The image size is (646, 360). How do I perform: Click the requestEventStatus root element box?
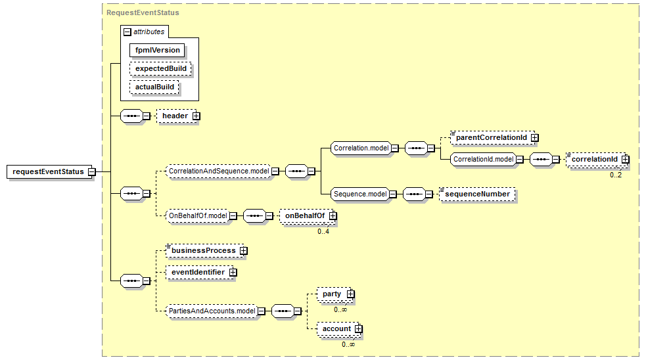49,172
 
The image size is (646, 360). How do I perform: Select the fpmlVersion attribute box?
157,50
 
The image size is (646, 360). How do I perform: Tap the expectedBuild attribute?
161,68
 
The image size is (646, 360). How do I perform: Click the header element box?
175,116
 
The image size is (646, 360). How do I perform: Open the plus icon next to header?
196,116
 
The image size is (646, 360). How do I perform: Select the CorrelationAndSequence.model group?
218,171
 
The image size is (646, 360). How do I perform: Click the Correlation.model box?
360,148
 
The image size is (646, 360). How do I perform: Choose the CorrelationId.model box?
482,159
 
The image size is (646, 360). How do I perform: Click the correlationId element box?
594,159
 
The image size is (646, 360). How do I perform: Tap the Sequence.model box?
359,194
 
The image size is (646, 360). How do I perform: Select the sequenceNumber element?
477,194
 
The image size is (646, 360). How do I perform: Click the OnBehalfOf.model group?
197,215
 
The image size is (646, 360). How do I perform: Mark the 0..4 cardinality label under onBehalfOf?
323,231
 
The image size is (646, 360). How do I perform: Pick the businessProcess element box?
203,250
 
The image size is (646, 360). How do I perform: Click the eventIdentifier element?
198,272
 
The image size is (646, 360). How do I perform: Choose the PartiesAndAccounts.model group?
211,311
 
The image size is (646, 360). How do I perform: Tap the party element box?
331,294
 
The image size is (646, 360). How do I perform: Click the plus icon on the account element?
358,328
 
